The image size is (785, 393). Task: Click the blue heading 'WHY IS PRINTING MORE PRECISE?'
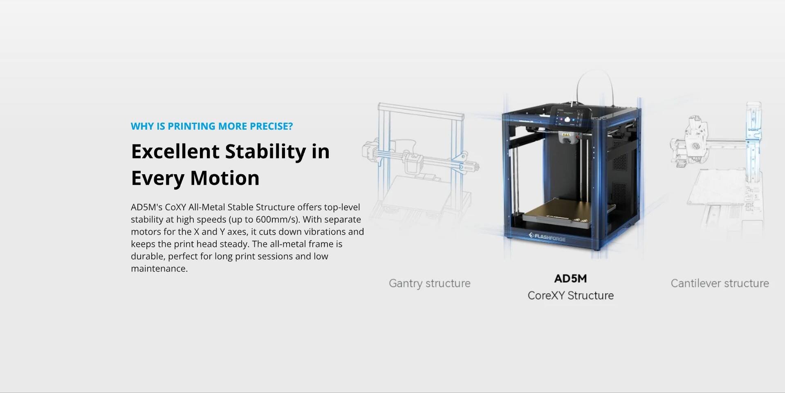(x=212, y=126)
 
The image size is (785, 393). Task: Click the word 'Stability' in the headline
(x=265, y=152)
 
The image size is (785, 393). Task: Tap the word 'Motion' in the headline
(x=224, y=178)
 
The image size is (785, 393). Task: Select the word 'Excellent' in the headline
(x=175, y=152)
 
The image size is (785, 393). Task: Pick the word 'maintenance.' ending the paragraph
(x=159, y=269)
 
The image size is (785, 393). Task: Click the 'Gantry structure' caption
(x=429, y=283)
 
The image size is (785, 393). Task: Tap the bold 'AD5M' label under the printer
(x=570, y=278)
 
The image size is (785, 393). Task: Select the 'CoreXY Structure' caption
(x=570, y=296)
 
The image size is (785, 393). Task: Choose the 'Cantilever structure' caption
(x=720, y=283)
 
